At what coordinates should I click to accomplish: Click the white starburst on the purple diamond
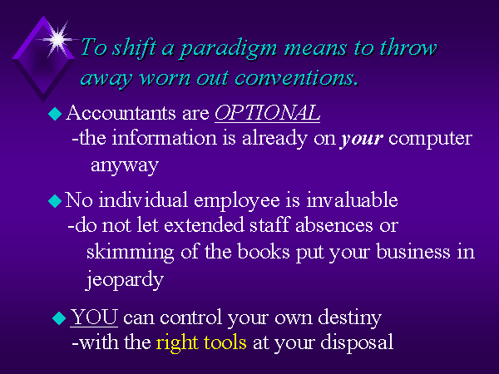pyautogui.click(x=57, y=39)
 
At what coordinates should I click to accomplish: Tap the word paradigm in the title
pyautogui.click(x=229, y=49)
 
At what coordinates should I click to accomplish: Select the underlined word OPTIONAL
pyautogui.click(x=267, y=112)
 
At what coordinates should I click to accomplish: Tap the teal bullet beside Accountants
pyautogui.click(x=55, y=114)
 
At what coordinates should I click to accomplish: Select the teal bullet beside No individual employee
pyautogui.click(x=55, y=201)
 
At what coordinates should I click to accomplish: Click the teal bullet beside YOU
pyautogui.click(x=59, y=318)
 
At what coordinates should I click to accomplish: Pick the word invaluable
pyautogui.click(x=352, y=200)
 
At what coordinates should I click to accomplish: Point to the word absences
pyautogui.click(x=333, y=225)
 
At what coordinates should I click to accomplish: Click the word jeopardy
pyautogui.click(x=125, y=280)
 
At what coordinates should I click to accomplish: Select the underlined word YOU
pyautogui.click(x=94, y=317)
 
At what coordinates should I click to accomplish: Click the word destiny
pyautogui.click(x=350, y=318)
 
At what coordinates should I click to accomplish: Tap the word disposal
pyautogui.click(x=357, y=343)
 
